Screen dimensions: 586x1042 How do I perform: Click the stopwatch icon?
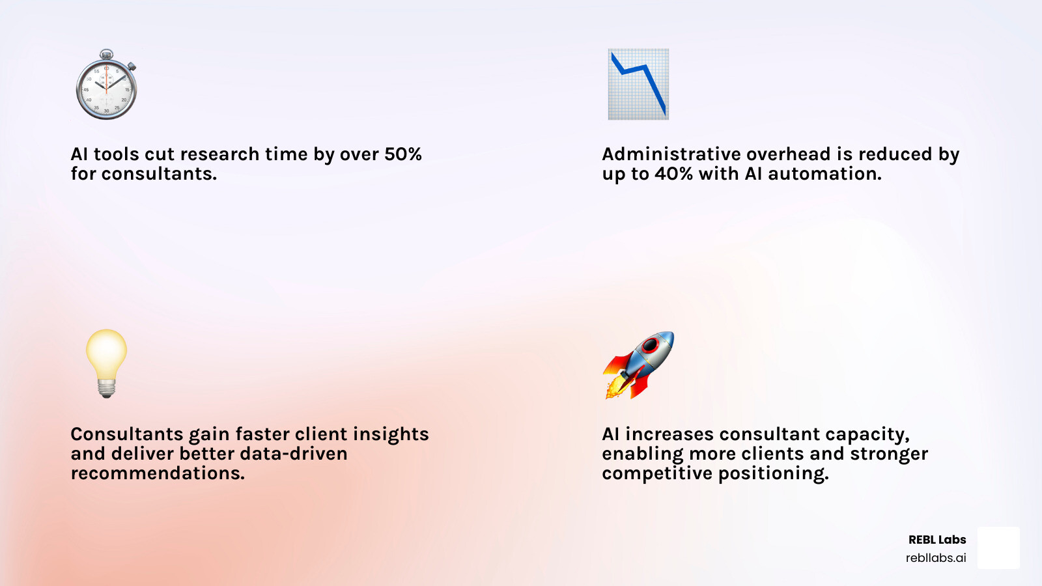coord(106,86)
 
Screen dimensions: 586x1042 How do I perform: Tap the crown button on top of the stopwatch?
coord(106,53)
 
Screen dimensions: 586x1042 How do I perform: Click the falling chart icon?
coord(638,84)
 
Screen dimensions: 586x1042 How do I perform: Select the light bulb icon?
coord(106,362)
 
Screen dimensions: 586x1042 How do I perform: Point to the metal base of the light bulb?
coord(106,389)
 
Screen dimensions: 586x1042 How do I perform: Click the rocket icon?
coord(639,364)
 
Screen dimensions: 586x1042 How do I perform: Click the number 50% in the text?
coord(402,154)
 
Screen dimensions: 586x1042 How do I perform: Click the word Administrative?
coord(671,154)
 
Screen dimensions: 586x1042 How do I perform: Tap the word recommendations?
coord(158,473)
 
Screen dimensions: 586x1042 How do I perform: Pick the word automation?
coord(824,174)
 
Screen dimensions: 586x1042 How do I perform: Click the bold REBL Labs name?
coord(936,540)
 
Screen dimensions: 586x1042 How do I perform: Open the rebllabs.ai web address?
coord(935,558)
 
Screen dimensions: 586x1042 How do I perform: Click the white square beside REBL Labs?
coord(998,548)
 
